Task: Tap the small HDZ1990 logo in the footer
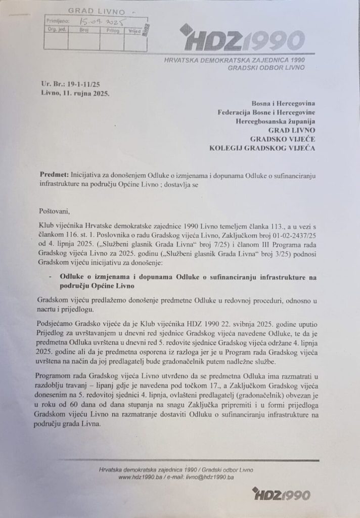(x=282, y=493)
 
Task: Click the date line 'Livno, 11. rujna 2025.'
(x=75, y=93)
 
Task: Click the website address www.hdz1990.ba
(x=140, y=477)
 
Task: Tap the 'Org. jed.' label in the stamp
(x=55, y=30)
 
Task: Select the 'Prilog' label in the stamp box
(x=113, y=30)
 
